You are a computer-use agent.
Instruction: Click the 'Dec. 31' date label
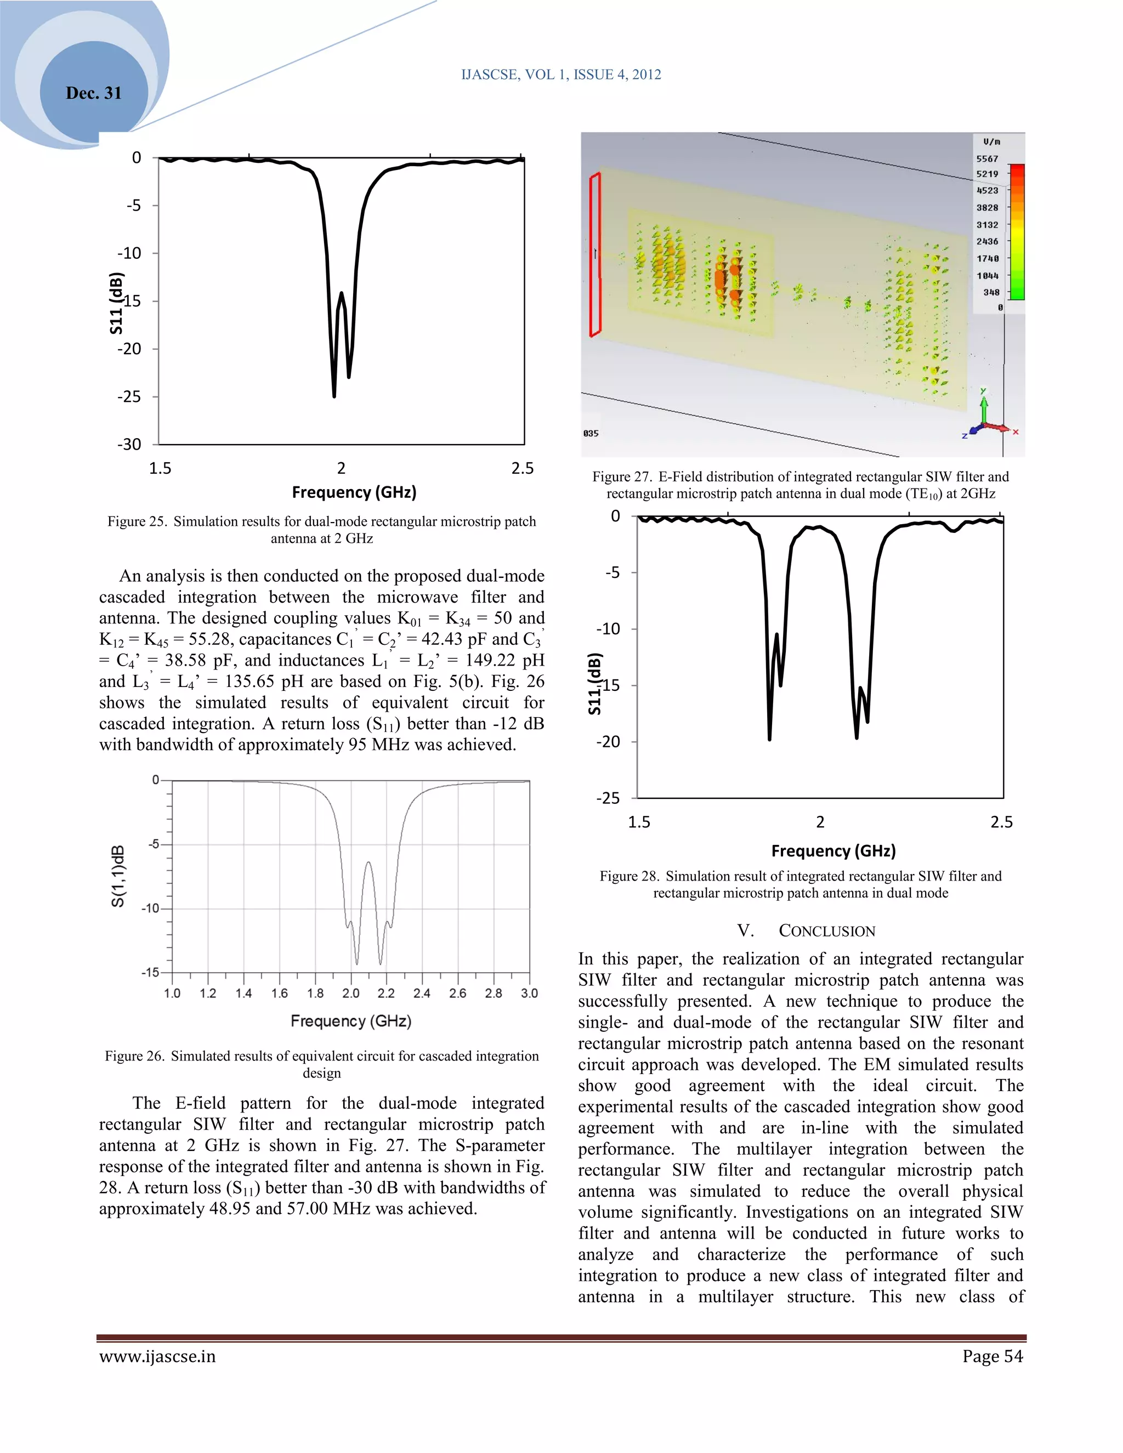[94, 93]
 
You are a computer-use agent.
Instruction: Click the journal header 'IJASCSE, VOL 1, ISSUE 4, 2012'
[561, 75]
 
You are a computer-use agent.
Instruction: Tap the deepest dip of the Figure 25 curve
[334, 395]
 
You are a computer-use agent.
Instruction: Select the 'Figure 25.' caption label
[137, 521]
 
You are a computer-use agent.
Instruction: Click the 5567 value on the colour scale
[986, 159]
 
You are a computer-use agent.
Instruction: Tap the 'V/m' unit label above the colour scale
[991, 141]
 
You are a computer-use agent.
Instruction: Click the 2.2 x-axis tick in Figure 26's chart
[386, 994]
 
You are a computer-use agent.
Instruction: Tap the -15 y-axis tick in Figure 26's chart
[150, 972]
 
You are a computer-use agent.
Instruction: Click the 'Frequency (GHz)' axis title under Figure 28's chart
[833, 851]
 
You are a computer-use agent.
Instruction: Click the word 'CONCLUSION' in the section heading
[827, 932]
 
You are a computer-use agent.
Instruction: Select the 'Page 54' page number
[992, 1356]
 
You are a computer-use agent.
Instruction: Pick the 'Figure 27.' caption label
[621, 477]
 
